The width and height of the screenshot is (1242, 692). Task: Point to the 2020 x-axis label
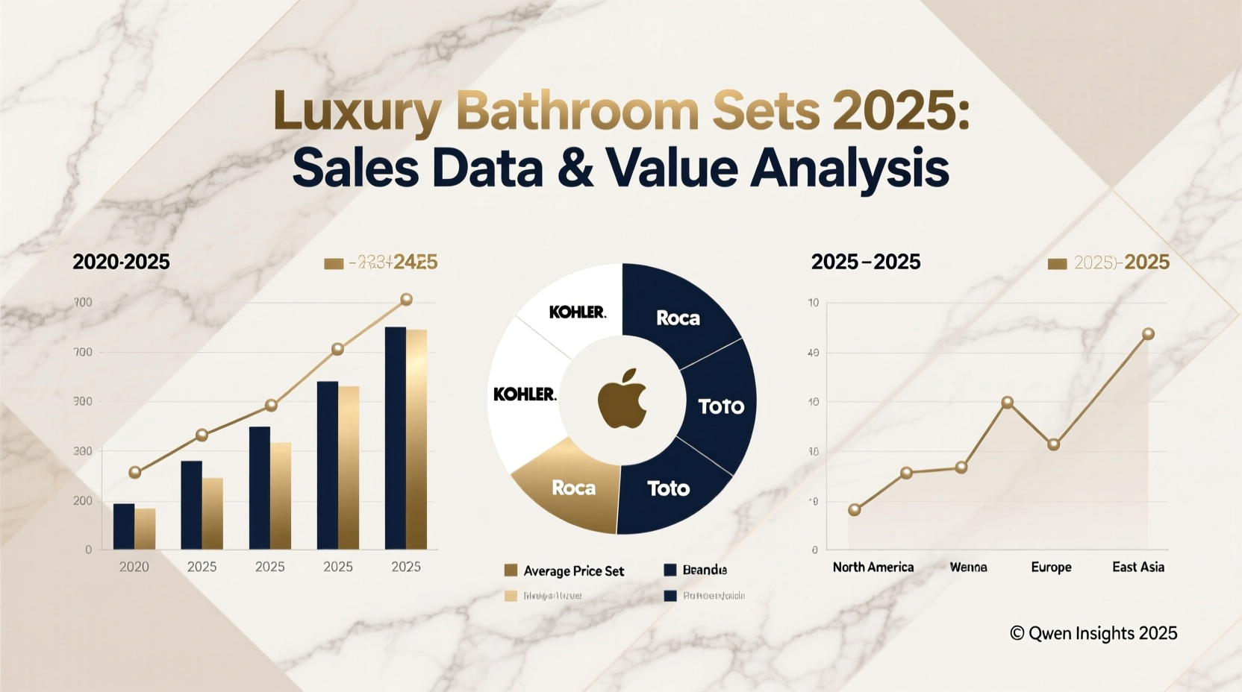click(134, 567)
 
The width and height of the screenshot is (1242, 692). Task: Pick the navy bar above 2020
click(124, 526)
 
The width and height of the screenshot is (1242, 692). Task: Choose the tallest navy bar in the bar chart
click(395, 438)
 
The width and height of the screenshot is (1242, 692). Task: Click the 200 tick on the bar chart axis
click(83, 501)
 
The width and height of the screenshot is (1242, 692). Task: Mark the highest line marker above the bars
click(406, 300)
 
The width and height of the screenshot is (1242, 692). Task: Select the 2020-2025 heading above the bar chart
click(121, 262)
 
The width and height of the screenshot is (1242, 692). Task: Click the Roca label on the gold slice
click(573, 488)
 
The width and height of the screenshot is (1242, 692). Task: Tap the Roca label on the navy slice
click(678, 318)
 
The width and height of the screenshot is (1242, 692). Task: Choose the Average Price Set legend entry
click(573, 571)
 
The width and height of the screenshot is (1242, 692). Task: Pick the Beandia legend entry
click(704, 570)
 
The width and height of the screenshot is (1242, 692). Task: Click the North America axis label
click(873, 567)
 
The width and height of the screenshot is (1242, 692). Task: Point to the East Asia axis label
click(1138, 567)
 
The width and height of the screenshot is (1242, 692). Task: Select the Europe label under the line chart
click(1051, 567)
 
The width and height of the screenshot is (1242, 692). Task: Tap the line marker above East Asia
click(1148, 334)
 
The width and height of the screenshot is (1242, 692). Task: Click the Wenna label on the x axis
click(968, 567)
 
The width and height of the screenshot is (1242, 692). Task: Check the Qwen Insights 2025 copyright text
click(1093, 633)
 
